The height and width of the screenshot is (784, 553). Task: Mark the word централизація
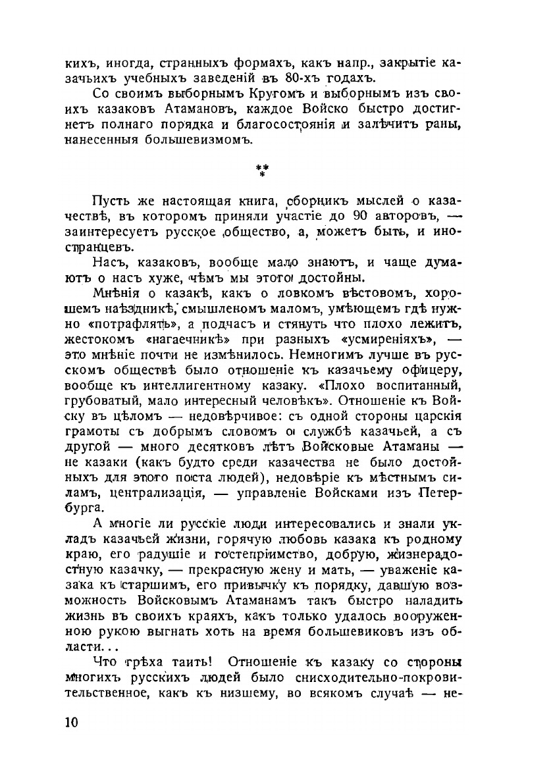click(x=186, y=491)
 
